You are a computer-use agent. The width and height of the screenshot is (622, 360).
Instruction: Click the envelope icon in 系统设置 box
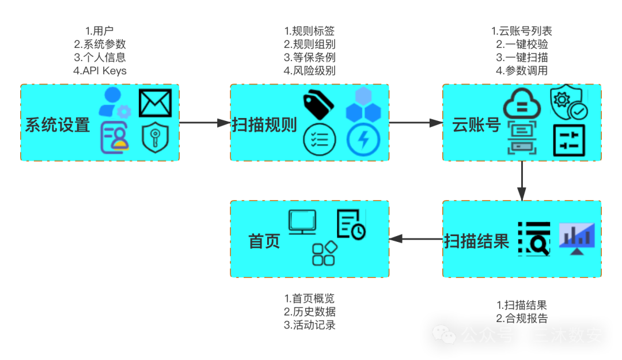155,104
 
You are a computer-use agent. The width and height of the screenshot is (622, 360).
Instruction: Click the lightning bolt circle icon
363,140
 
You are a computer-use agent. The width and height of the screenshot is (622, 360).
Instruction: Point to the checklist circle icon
319,139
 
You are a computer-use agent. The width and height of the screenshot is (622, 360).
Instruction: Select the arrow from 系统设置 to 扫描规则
204,123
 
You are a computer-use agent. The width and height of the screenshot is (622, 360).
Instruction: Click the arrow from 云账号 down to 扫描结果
522,181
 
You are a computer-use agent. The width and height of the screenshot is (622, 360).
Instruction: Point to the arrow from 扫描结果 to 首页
416,239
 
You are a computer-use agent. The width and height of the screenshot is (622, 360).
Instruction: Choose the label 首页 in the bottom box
264,241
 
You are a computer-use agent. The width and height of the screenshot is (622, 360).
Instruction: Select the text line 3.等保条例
310,58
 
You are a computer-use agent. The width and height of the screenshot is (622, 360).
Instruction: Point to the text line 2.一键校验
522,44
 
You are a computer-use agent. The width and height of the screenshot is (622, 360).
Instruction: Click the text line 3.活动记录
310,325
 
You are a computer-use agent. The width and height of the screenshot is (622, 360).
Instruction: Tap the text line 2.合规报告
522,318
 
